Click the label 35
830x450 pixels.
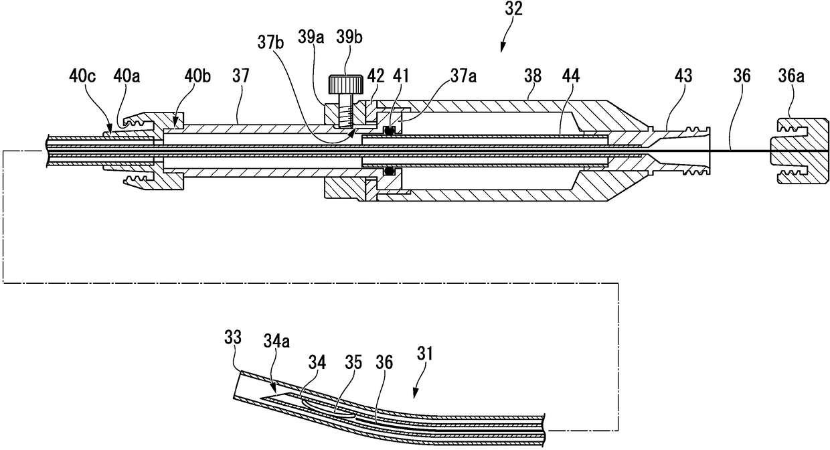tap(354, 362)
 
